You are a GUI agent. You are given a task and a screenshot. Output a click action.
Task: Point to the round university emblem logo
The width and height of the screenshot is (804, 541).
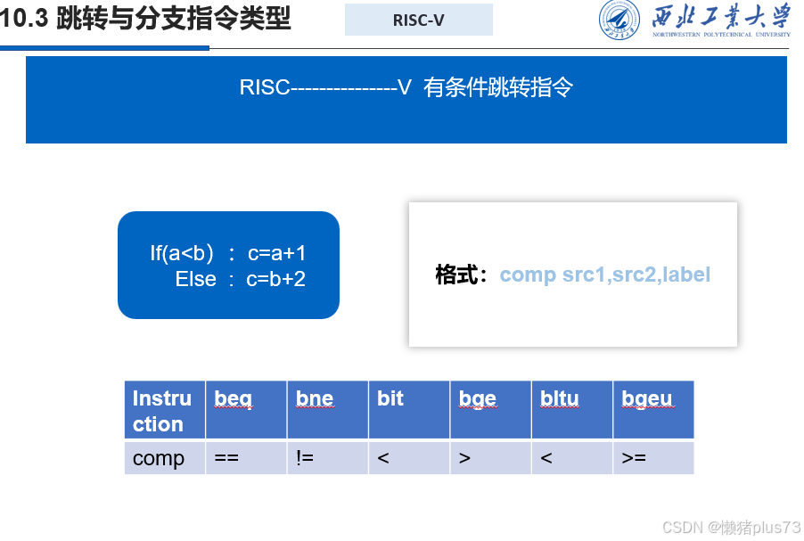[619, 21]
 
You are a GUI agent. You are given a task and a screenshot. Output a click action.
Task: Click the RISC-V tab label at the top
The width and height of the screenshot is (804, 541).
[418, 20]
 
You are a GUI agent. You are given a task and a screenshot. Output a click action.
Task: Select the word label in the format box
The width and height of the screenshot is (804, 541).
[685, 275]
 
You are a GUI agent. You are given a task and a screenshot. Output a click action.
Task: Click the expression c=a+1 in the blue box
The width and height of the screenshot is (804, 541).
[276, 253]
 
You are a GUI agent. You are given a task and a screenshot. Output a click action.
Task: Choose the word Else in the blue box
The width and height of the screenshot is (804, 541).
[195, 279]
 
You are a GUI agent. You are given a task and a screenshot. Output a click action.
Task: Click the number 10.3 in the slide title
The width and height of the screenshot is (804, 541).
[24, 18]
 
